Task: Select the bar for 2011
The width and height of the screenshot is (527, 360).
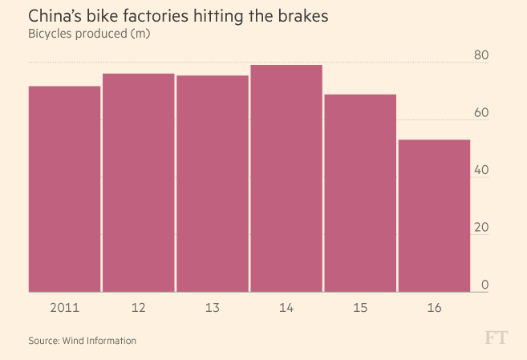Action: [64, 188]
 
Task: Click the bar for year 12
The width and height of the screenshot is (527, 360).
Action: [138, 183]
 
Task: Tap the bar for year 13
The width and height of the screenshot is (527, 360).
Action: [213, 184]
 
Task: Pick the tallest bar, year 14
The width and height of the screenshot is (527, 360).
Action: [286, 178]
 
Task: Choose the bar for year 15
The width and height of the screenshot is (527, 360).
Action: [360, 193]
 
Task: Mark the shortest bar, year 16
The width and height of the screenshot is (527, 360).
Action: [434, 216]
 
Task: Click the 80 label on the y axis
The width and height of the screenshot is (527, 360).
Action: [480, 55]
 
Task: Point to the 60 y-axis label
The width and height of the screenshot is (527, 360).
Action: [480, 112]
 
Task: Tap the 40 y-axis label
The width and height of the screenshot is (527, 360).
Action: [480, 170]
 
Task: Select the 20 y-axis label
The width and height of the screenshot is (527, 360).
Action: [480, 228]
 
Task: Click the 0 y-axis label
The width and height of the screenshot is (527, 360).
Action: [484, 285]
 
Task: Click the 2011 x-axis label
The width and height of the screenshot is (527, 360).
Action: [64, 307]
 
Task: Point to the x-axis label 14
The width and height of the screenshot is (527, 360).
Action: [286, 307]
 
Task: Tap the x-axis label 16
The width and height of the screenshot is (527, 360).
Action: [434, 307]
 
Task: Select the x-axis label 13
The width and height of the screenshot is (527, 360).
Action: [213, 307]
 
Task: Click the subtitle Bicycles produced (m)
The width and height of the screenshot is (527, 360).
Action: [90, 34]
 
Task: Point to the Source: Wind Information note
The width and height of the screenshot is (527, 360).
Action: [83, 341]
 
